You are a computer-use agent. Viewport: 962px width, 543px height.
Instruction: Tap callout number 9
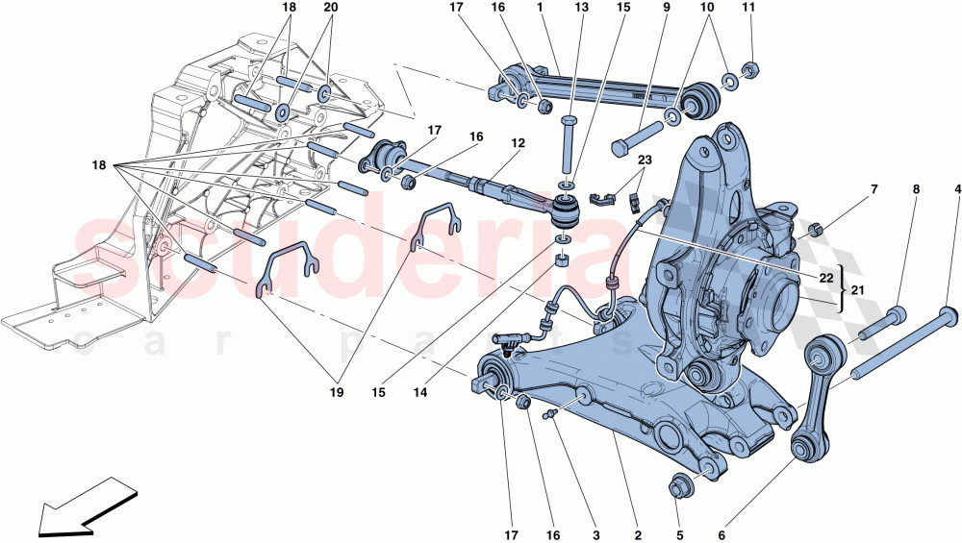click(665, 8)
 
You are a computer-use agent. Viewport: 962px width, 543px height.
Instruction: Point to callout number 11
click(748, 8)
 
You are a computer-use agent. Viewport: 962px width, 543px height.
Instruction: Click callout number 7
click(874, 190)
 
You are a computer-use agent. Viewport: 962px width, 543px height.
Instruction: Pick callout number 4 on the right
click(957, 190)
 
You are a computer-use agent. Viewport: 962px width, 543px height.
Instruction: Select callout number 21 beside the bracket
click(857, 289)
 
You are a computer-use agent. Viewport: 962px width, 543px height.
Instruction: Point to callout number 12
click(518, 143)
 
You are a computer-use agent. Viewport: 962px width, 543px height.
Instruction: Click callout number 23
click(644, 160)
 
